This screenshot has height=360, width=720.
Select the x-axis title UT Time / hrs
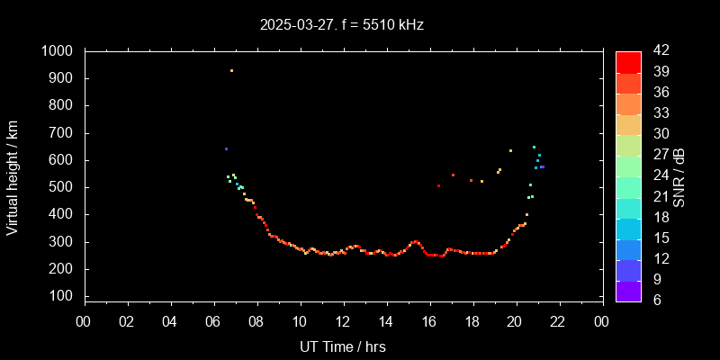pyautogui.click(x=344, y=346)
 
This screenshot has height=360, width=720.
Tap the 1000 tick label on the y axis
pyautogui.click(x=58, y=51)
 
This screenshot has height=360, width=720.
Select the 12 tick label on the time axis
pyautogui.click(x=343, y=322)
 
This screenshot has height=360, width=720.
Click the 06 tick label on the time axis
pyautogui.click(x=213, y=322)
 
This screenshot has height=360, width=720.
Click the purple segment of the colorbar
pyautogui.click(x=628, y=291)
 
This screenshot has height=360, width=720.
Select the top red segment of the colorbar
pyautogui.click(x=628, y=61)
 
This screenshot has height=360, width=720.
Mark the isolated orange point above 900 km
pyautogui.click(x=231, y=70)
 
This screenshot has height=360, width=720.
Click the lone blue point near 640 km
pyautogui.click(x=226, y=148)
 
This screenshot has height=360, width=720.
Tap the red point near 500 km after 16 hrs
pyautogui.click(x=438, y=185)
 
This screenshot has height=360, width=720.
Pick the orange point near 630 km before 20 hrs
pyautogui.click(x=510, y=150)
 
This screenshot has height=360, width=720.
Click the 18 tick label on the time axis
pyautogui.click(x=472, y=322)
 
